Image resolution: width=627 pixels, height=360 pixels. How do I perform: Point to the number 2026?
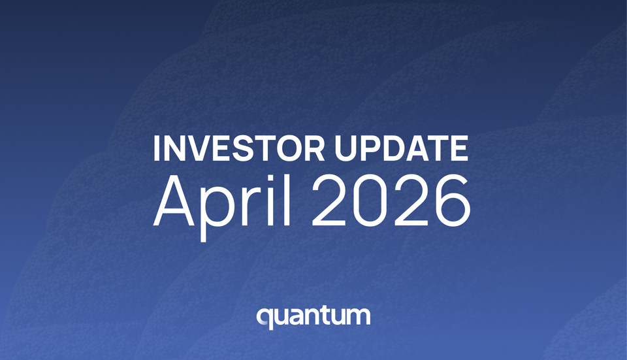(x=392, y=199)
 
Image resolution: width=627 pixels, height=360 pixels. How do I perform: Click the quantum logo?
(x=313, y=317)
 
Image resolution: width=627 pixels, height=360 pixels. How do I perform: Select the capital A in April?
(x=175, y=199)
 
